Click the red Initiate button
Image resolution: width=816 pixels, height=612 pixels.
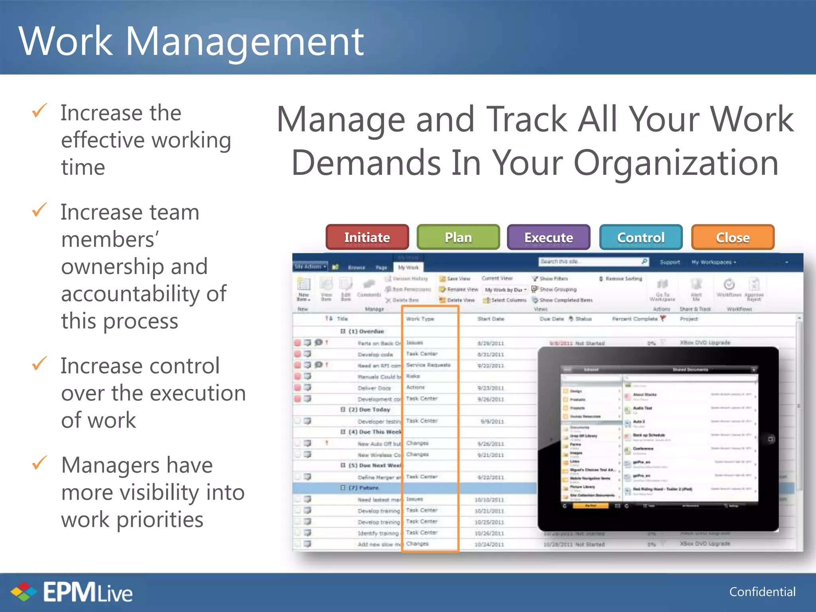click(367, 237)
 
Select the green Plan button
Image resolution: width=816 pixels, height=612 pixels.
click(458, 237)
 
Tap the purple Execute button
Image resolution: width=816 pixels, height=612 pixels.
click(548, 237)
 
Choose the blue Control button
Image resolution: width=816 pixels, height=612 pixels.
click(641, 237)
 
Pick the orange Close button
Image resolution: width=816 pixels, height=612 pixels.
click(733, 237)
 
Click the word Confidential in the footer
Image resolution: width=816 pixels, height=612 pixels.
click(762, 592)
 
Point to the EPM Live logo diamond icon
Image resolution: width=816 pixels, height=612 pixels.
click(24, 592)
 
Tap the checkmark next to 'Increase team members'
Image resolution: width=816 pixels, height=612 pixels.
click(39, 210)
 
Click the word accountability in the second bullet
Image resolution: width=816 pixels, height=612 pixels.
click(143, 294)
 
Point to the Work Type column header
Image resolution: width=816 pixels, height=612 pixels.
click(420, 319)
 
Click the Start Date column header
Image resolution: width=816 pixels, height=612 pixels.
click(490, 319)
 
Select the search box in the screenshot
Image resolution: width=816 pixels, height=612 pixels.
click(590, 262)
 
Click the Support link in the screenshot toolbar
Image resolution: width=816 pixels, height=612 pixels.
click(670, 262)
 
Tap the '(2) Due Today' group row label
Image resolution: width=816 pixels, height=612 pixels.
click(369, 410)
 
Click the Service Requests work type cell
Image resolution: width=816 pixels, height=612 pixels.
click(428, 365)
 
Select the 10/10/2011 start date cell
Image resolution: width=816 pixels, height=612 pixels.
click(489, 500)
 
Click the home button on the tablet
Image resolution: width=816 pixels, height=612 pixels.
click(770, 439)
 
